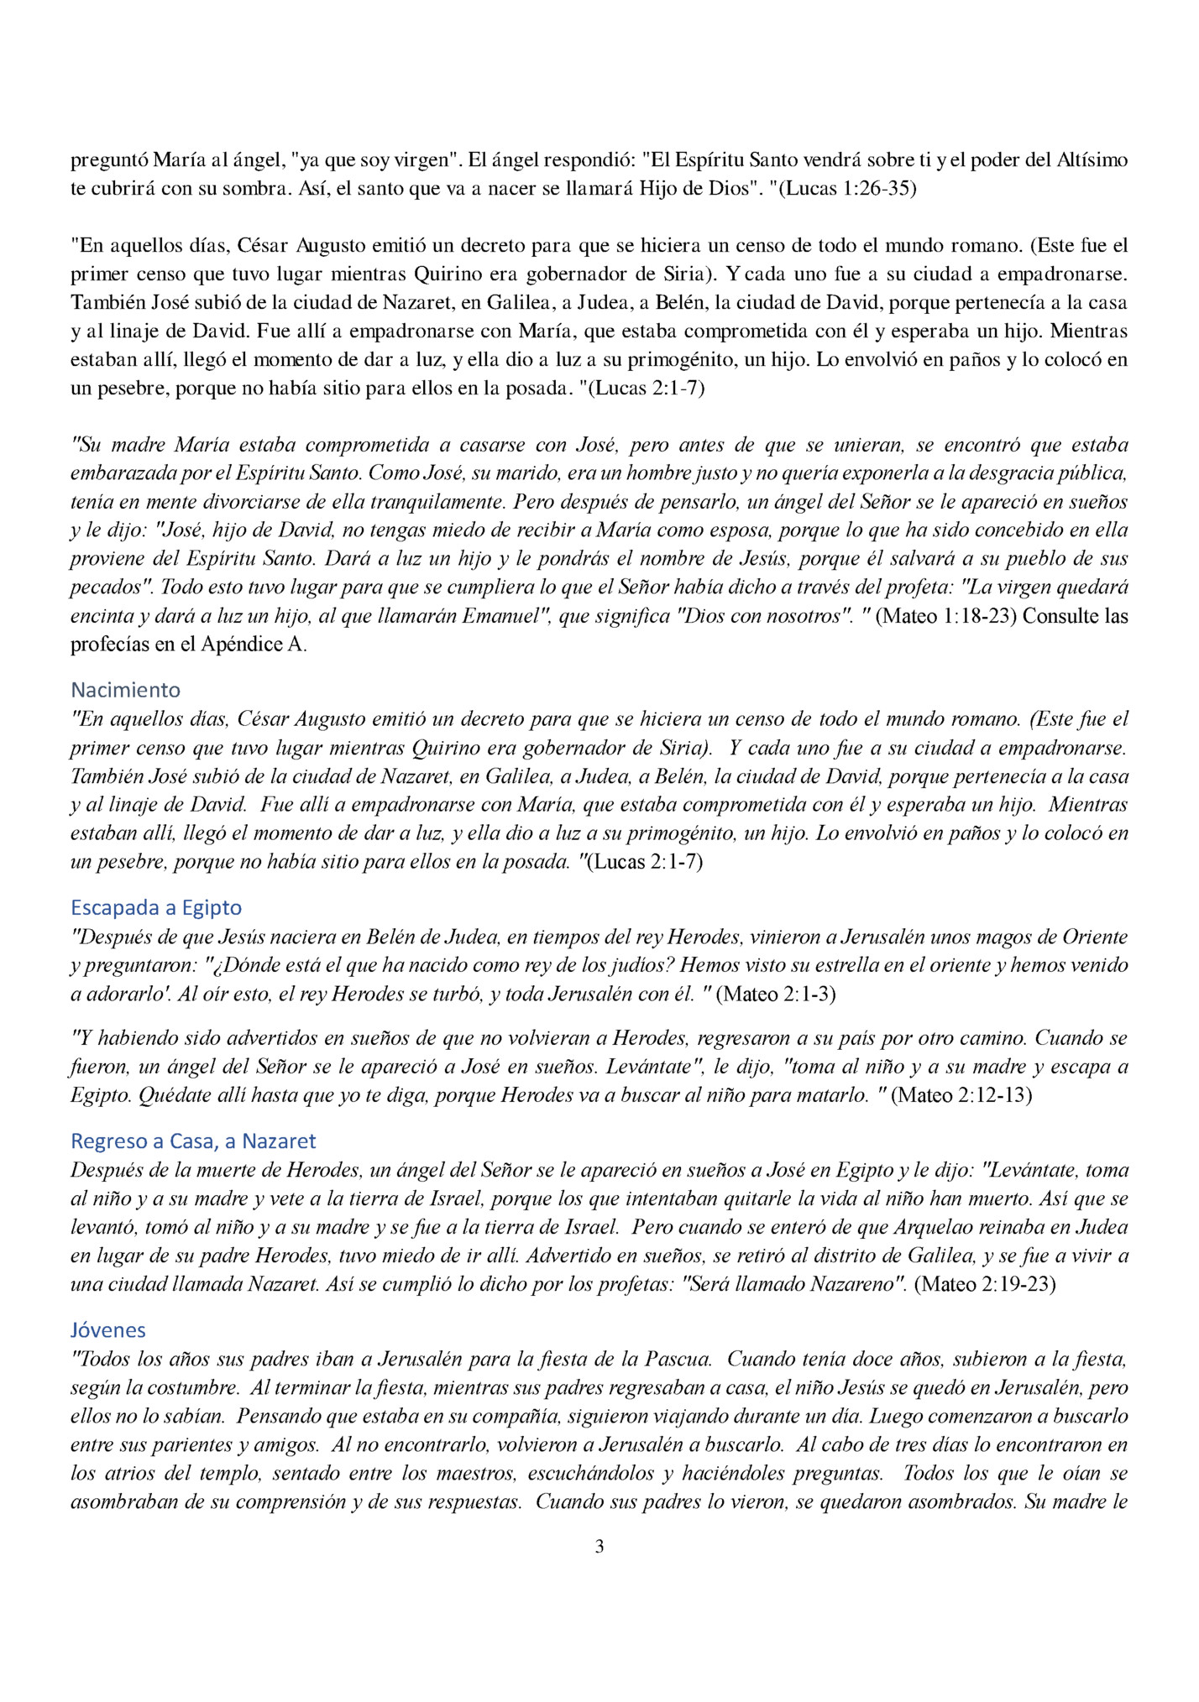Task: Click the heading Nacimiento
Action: click(x=125, y=690)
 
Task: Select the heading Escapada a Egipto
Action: click(x=156, y=907)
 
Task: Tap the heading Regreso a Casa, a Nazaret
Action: click(x=193, y=1141)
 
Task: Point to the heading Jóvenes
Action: click(x=108, y=1330)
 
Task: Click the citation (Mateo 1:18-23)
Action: click(x=946, y=616)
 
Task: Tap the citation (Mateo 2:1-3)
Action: click(x=778, y=995)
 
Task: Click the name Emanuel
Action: click(x=498, y=616)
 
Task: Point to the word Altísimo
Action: click(x=1089, y=159)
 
